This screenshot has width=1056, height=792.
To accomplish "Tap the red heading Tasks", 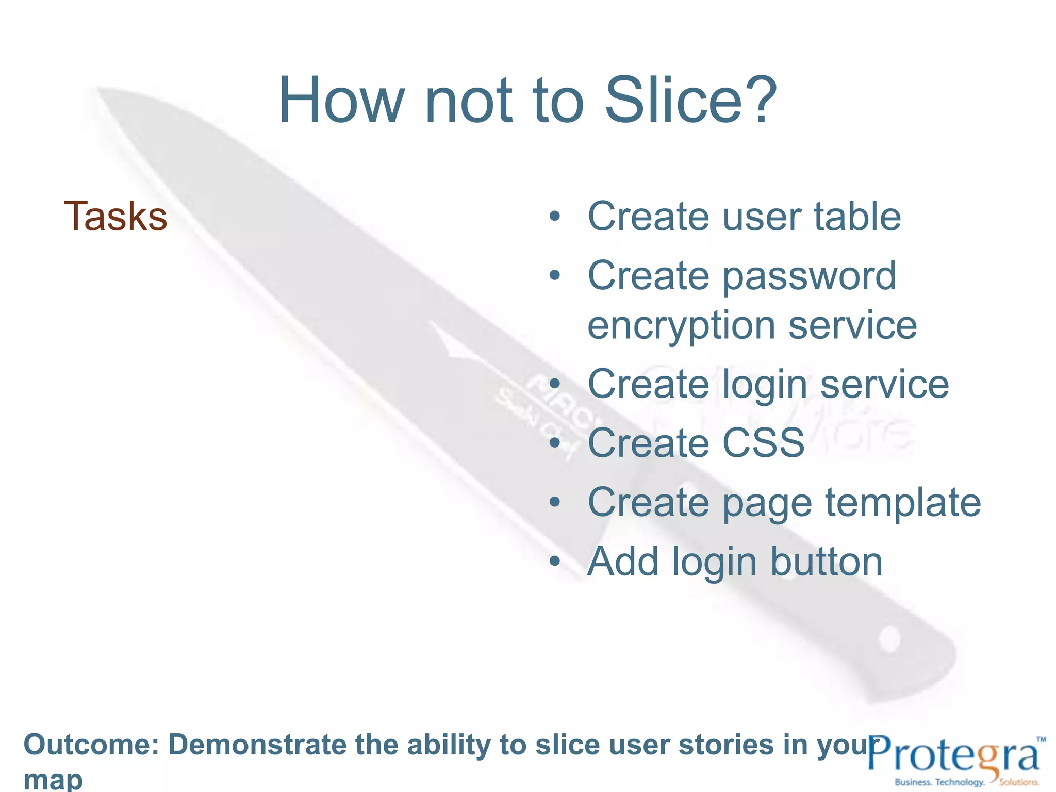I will tap(115, 217).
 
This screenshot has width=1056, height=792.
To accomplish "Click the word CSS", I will tap(763, 443).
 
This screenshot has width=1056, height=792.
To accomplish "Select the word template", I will tap(902, 502).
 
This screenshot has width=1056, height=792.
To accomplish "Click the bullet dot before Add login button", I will tap(554, 561).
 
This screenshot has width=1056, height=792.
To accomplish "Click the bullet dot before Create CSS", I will tap(554, 443).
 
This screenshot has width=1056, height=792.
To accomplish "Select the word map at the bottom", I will tap(53, 779).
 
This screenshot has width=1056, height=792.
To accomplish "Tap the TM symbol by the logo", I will tap(1041, 739).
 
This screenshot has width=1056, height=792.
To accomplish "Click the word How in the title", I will tap(340, 101).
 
